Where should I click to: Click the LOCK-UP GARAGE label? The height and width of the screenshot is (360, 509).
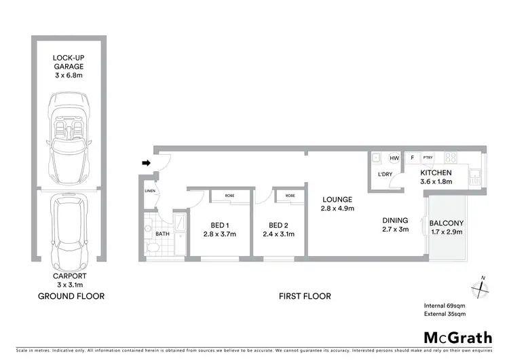click(x=68, y=62)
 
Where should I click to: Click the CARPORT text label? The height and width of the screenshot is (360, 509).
click(x=68, y=276)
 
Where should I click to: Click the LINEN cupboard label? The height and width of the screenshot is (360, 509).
click(x=150, y=192)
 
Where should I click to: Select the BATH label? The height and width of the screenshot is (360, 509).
click(x=162, y=234)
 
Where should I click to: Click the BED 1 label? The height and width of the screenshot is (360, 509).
click(x=219, y=225)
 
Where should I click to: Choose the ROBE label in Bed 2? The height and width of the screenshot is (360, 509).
click(x=290, y=196)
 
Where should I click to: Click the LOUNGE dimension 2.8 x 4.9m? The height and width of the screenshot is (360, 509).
click(x=338, y=208)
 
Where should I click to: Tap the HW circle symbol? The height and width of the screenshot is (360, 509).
click(x=394, y=158)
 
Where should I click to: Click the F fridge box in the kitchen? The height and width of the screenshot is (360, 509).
click(x=411, y=158)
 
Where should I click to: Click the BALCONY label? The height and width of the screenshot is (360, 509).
click(x=446, y=223)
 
